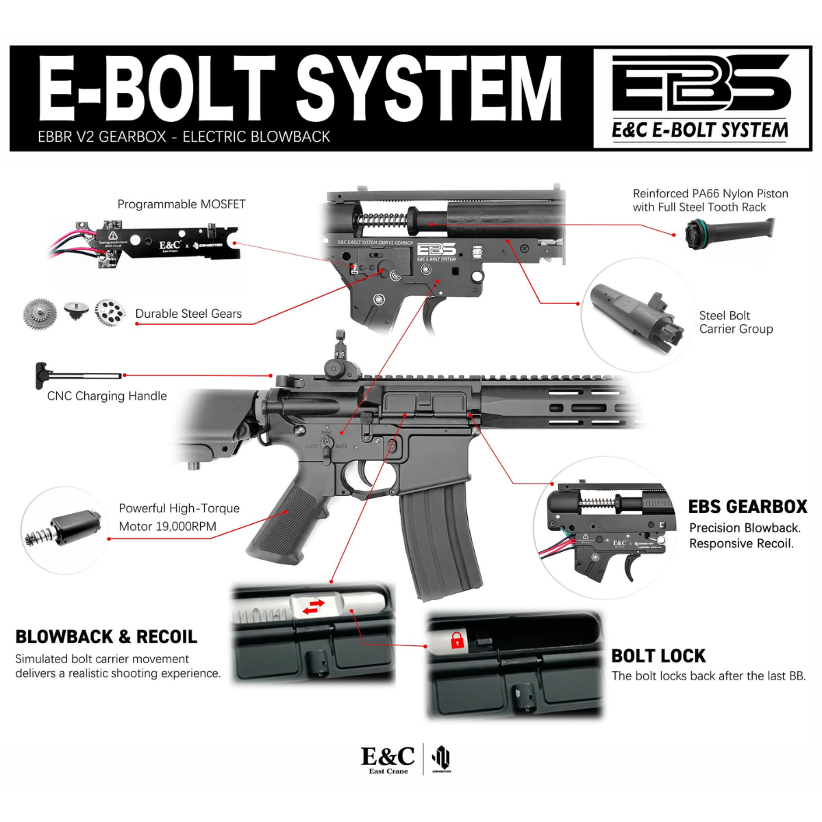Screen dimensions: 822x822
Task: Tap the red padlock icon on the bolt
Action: point(457,641)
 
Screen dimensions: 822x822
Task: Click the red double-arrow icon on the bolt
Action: point(314,607)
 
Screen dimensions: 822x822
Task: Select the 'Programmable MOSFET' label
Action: point(181,204)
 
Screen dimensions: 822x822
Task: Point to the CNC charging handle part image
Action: point(79,375)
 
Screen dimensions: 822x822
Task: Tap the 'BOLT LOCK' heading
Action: point(658,656)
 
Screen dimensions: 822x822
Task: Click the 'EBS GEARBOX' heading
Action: point(747,506)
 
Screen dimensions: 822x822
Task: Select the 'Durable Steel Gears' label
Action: point(188,314)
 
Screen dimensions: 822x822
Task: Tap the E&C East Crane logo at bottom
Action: point(388,759)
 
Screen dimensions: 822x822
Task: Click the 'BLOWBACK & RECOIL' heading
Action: point(106,636)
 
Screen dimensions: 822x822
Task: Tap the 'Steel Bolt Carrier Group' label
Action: point(736,322)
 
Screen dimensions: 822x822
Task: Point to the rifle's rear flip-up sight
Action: point(339,356)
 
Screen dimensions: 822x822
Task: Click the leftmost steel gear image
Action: point(40,314)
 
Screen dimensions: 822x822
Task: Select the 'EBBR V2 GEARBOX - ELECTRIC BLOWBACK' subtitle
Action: point(184,136)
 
